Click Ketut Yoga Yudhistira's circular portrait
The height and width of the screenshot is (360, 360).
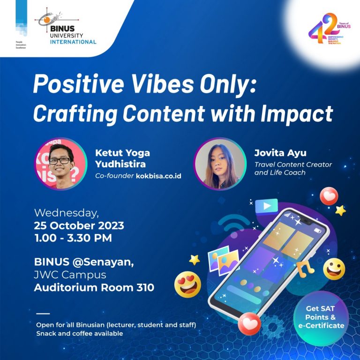click(x=60, y=164)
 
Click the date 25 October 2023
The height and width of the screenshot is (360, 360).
click(x=79, y=225)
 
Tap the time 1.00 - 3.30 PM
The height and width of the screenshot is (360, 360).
click(x=73, y=238)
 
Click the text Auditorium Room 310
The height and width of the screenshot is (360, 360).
click(x=94, y=288)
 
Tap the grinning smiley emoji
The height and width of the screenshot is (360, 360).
click(x=334, y=269)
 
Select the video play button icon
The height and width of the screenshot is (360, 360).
click(x=266, y=206)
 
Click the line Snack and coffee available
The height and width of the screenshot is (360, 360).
click(x=80, y=333)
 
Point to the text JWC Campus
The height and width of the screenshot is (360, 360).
click(x=70, y=275)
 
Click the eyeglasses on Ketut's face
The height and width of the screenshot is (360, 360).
click(x=60, y=160)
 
